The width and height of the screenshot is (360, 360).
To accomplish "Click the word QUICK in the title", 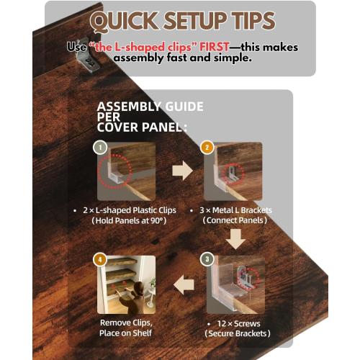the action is pos(125,22).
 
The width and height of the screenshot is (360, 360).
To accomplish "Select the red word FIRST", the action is pos(215,47).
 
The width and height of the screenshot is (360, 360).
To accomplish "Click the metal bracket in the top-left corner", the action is pos(89,55).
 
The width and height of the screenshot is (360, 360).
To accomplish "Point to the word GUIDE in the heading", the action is pos(184,107).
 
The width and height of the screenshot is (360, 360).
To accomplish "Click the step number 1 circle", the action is pos(100,148).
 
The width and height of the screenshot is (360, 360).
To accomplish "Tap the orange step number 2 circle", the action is pos(207,148).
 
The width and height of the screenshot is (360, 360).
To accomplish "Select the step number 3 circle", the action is pos(207,259).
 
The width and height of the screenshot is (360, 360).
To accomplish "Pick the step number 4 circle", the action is pos(100,259).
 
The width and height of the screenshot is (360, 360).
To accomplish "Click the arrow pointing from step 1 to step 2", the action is pos(182,171).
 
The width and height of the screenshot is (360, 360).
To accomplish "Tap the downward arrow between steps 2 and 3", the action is pos(235,239).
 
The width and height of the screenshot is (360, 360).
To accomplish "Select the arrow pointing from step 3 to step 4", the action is pos(184,285).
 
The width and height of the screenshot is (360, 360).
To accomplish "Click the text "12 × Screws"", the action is pos(238,323).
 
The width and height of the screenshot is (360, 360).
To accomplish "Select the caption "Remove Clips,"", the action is pos(126,323).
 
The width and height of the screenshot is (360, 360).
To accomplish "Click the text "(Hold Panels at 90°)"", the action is pos(129,220).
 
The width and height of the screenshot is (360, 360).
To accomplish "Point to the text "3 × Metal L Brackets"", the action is pos(235,210).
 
